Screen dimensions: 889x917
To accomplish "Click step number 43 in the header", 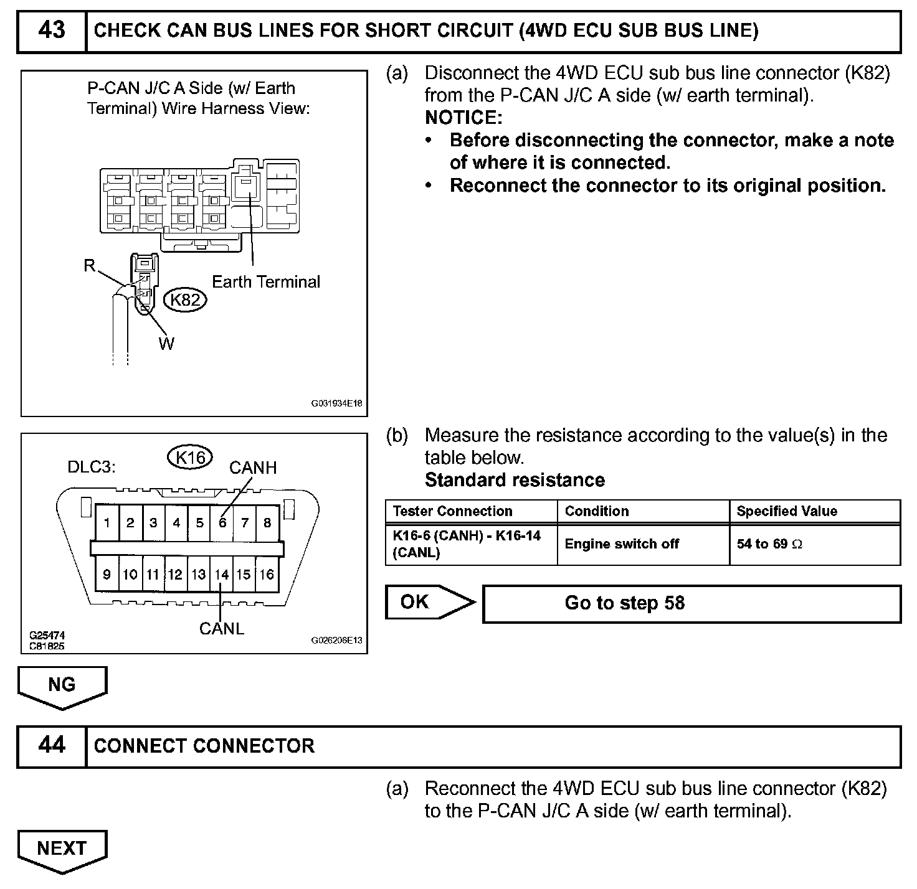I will pos(51,31).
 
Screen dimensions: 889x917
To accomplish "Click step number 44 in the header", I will pos(51,745).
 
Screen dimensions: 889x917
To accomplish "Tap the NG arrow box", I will pos(62,685).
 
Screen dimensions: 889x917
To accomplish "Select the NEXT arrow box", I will pos(62,848).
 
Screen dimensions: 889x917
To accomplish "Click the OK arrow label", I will pos(416,602).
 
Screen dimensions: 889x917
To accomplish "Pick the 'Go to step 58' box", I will pos(691,603).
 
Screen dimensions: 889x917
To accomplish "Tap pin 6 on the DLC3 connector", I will pos(222,523).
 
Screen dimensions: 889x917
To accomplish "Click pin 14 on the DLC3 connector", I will pos(222,574).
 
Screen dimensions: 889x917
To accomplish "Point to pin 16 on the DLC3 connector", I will pos(267,574).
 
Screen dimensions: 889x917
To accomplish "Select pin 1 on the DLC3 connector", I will pos(107,523).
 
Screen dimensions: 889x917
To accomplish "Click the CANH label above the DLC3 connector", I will pos(253,468).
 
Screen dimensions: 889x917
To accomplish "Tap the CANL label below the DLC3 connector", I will pos(222,629).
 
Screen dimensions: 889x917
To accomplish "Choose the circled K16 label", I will pos(191,458).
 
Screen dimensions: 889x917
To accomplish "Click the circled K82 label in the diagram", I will pos(186,300).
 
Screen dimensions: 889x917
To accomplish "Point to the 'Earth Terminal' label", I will pos(266,282).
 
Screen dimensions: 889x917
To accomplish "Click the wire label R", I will pos(90,266).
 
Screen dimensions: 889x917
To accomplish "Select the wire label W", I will pos(166,344).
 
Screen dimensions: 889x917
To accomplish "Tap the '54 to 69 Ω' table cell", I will pos(769,544).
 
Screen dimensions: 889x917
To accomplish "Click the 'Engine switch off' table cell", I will pos(622,544).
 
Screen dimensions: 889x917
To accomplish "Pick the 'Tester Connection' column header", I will pos(452,511).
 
